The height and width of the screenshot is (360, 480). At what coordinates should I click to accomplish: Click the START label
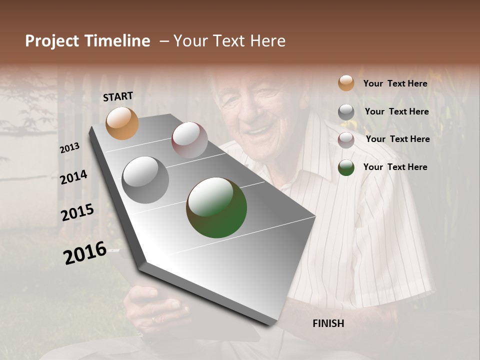(x=118, y=96)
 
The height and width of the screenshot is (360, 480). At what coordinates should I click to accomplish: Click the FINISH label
(x=328, y=323)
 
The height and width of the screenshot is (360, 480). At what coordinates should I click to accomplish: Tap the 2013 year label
(x=70, y=147)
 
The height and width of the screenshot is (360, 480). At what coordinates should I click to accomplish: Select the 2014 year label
(x=73, y=177)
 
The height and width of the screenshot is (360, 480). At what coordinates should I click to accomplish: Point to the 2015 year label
(x=77, y=212)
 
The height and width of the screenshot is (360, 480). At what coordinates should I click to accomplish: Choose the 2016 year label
(x=85, y=252)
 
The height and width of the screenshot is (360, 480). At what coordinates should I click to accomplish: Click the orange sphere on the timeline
(x=122, y=123)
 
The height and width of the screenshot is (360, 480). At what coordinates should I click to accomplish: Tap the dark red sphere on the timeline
(x=189, y=139)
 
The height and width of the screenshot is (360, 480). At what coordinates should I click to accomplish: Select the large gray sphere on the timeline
(x=145, y=179)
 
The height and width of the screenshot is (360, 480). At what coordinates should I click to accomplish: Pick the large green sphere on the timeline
(x=216, y=207)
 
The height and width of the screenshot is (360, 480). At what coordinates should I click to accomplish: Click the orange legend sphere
(x=346, y=83)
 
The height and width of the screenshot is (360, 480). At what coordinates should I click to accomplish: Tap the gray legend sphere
(x=346, y=112)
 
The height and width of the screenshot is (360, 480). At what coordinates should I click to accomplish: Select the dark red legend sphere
(x=346, y=139)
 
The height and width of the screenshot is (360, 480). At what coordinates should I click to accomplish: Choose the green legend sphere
(x=346, y=167)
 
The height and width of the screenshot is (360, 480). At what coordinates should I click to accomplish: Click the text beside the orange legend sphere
(x=395, y=83)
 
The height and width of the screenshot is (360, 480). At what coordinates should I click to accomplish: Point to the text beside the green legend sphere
(x=395, y=167)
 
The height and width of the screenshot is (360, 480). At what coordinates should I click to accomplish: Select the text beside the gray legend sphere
(x=396, y=111)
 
